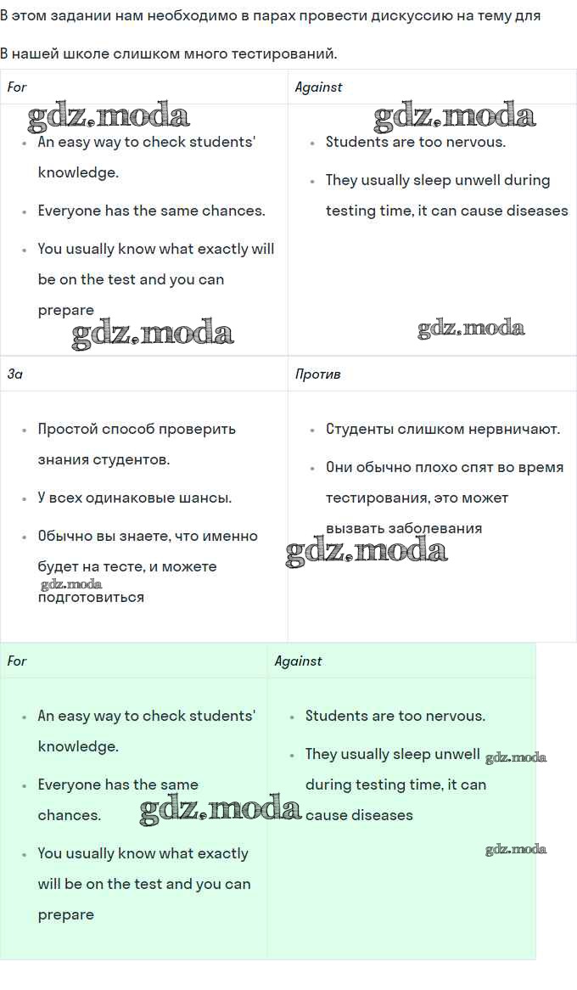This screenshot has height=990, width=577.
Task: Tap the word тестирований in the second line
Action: point(291,54)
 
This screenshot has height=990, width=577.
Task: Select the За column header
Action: point(15,374)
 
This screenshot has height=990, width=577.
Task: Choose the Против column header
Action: point(317,374)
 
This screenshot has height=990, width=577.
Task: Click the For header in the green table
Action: point(17,661)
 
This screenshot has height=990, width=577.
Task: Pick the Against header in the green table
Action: point(298,661)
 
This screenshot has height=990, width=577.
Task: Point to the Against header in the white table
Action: point(318,87)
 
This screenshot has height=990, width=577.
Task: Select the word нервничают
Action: point(511,429)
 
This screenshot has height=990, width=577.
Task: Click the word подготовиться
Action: point(91,597)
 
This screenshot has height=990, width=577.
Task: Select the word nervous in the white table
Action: point(478,142)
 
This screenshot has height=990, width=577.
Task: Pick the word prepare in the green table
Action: point(65,914)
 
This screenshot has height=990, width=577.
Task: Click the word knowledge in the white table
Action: point(76,172)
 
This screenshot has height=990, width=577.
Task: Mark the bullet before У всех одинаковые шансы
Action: point(25,498)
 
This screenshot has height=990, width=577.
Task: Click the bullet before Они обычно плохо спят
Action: point(313,468)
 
